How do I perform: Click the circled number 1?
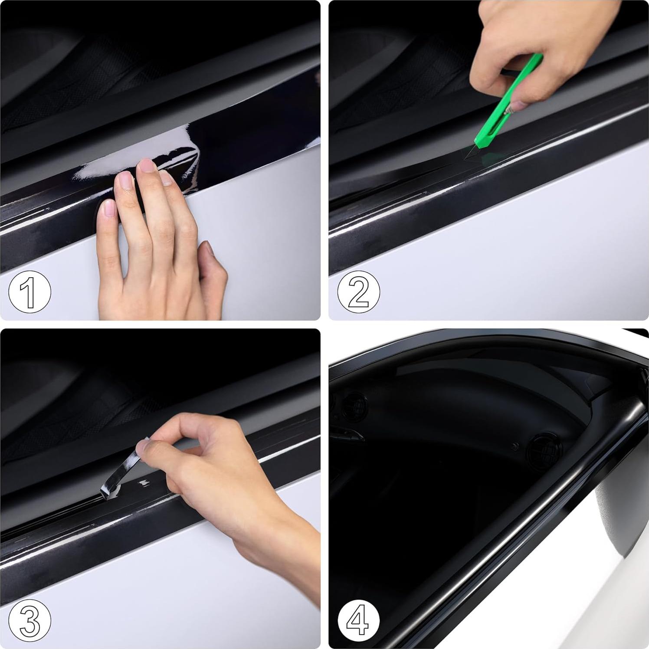[29, 292]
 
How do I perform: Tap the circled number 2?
[358, 292]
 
